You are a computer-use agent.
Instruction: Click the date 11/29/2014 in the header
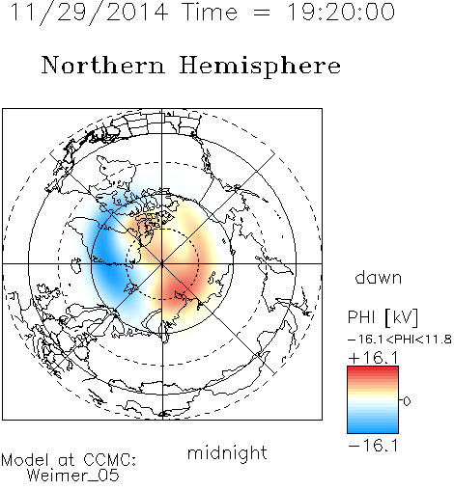coord(89,13)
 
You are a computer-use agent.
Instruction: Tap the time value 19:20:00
coord(340,12)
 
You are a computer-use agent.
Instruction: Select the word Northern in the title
coord(103,66)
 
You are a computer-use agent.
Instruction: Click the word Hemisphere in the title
coord(260,67)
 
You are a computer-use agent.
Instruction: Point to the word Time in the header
coord(210,12)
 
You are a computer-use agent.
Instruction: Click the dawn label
coord(379,277)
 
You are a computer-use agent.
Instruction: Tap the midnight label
coord(227,452)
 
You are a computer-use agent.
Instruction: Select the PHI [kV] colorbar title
coord(383,317)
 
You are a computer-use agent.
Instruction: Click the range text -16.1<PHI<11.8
coord(400,340)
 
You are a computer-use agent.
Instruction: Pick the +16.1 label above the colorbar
coord(373,358)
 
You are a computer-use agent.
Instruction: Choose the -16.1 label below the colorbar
coord(373,446)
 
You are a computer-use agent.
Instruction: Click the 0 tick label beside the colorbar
coord(407,401)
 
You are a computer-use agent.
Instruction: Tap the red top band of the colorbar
coord(373,370)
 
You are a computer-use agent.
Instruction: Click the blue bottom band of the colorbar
coord(373,428)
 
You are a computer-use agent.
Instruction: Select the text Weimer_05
coord(73,476)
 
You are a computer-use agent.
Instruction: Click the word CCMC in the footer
coord(108,460)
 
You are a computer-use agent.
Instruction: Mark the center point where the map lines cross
coord(162,263)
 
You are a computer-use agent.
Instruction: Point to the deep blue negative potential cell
coord(104,258)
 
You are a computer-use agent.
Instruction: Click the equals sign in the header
coord(262,13)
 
